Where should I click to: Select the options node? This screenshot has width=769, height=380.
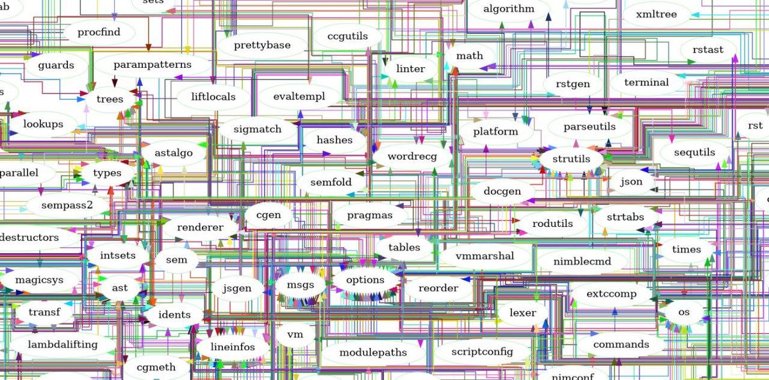(x=365, y=280)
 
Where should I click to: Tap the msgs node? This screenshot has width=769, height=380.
(x=301, y=285)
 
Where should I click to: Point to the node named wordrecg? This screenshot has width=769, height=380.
(x=411, y=156)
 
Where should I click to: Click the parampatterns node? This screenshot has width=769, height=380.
(x=153, y=65)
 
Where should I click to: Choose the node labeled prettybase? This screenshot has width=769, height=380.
(x=262, y=45)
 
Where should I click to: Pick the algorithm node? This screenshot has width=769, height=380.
(x=508, y=9)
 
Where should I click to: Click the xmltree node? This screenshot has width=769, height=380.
(x=656, y=14)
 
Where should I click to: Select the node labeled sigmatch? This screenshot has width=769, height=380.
(x=258, y=129)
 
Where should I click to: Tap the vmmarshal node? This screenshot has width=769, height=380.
(x=484, y=256)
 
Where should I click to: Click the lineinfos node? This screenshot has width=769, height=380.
(x=233, y=347)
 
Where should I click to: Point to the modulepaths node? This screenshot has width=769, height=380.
(x=373, y=352)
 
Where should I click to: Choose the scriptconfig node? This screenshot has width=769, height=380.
(x=482, y=352)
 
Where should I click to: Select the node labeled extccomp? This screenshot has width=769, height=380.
(x=612, y=294)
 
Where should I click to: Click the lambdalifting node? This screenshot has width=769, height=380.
(x=63, y=344)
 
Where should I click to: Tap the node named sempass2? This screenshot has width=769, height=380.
(x=67, y=205)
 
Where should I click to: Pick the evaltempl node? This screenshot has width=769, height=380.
(x=299, y=96)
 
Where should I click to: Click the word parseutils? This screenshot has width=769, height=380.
(x=590, y=126)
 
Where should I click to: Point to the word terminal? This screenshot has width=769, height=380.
(x=646, y=82)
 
